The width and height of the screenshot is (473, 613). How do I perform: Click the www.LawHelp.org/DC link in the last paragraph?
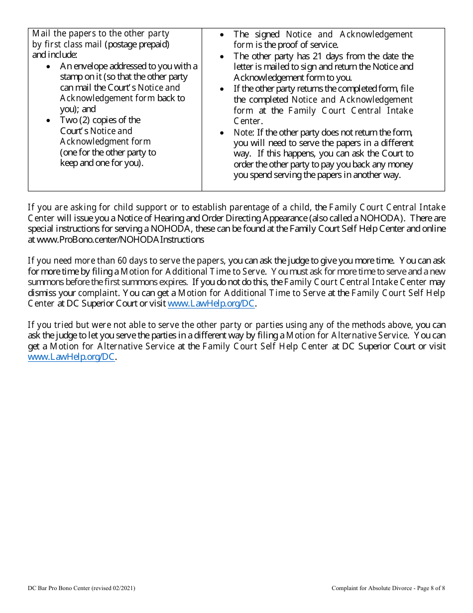click(x=71, y=357)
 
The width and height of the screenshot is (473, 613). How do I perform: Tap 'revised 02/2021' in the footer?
click(x=113, y=588)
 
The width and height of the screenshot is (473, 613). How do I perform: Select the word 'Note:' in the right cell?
click(x=244, y=133)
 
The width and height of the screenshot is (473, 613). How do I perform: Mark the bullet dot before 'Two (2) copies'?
click(x=48, y=121)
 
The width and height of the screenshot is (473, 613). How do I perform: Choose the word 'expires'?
click(x=173, y=282)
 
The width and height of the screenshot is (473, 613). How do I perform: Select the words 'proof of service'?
click(x=310, y=45)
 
